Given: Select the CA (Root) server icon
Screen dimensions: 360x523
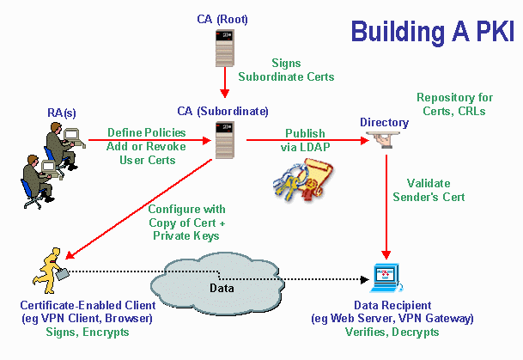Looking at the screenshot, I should point(224,48).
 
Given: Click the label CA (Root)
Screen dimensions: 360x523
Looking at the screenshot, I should point(224,18).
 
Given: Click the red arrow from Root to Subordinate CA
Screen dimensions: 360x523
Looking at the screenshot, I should point(224,83).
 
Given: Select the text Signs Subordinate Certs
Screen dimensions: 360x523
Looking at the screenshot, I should point(298,70).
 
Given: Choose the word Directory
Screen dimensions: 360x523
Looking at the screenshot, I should point(384,122).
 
